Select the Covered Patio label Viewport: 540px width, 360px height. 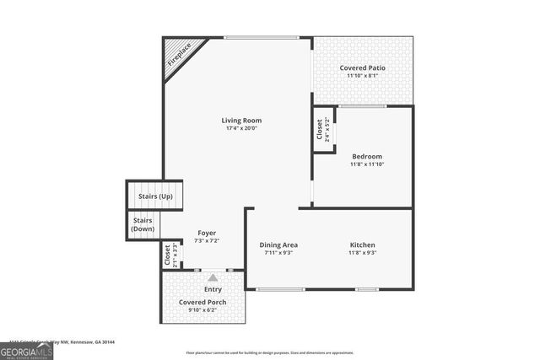click(x=363, y=67)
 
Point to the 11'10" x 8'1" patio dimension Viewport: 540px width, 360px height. click(x=363, y=76)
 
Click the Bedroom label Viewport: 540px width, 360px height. click(x=367, y=156)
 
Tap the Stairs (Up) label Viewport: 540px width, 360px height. click(x=155, y=197)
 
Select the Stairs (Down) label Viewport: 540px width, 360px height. click(x=143, y=225)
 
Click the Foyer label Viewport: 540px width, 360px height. click(x=207, y=233)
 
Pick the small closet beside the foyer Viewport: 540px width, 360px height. click(x=169, y=255)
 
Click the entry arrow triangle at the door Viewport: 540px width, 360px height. click(x=213, y=277)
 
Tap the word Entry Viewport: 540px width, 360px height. click(x=213, y=289)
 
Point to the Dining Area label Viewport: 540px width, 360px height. click(x=278, y=245)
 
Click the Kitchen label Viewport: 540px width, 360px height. click(x=363, y=245)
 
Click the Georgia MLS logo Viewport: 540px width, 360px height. click(x=26, y=348)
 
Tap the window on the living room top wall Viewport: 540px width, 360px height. click(x=262, y=37)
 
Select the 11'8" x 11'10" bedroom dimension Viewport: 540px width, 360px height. click(x=367, y=164)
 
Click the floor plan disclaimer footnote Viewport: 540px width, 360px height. click(x=269, y=352)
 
